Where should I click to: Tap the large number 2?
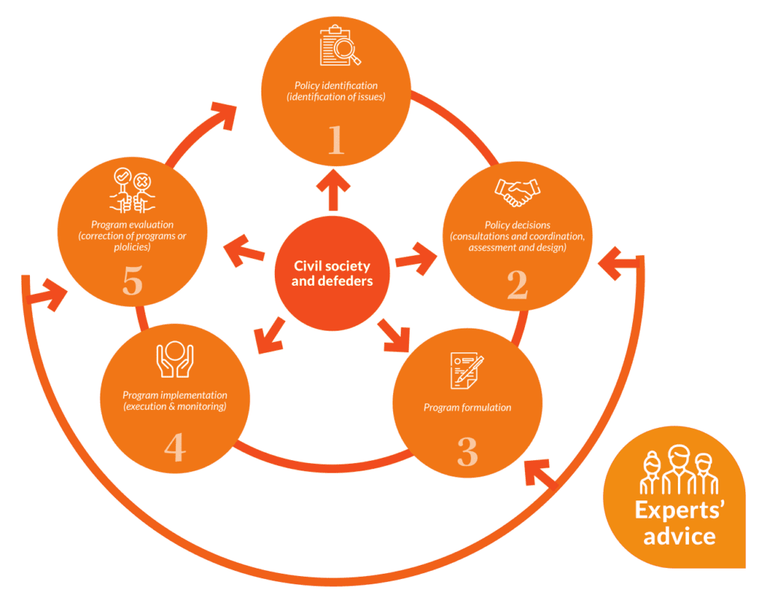pyautogui.click(x=517, y=284)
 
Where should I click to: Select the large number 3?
pyautogui.click(x=467, y=451)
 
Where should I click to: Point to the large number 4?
pyautogui.click(x=175, y=447)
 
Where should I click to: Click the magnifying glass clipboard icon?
pyautogui.click(x=339, y=46)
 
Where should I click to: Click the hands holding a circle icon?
pyautogui.click(x=174, y=361)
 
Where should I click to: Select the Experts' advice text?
pyautogui.click(x=674, y=523)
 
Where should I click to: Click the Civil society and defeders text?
pyautogui.click(x=332, y=274)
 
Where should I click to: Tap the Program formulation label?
pyautogui.click(x=467, y=408)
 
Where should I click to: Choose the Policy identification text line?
pyautogui.click(x=336, y=85)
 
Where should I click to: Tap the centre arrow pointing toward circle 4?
pyautogui.click(x=270, y=334)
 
